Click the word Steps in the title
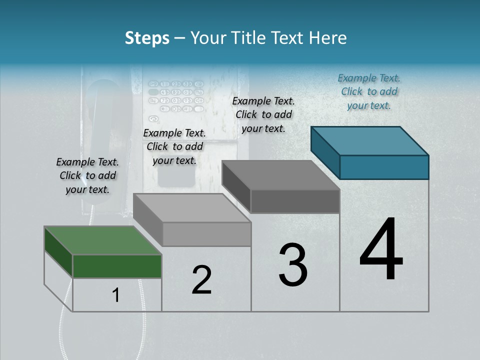[x=147, y=38]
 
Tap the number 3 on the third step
[x=293, y=265]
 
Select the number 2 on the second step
[x=201, y=280]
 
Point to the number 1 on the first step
[x=116, y=295]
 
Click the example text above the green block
[x=87, y=175]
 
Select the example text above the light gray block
[x=174, y=146]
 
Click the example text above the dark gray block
[x=263, y=114]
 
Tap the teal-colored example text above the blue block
[x=369, y=91]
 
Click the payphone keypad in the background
[x=176, y=95]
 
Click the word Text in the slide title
[x=288, y=38]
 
